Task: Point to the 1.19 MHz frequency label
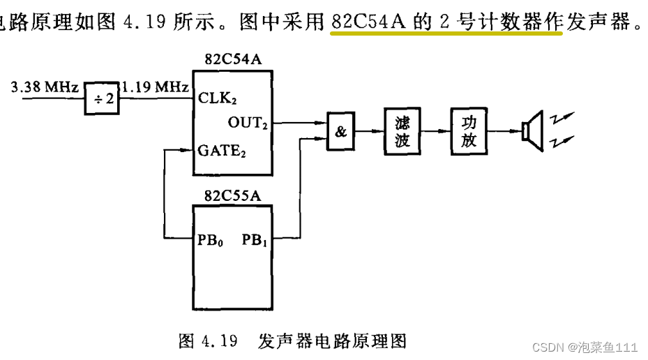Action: click(x=155, y=87)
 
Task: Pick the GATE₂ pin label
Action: click(x=221, y=149)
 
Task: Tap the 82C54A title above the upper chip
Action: click(x=233, y=59)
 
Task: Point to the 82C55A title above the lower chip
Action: click(x=233, y=195)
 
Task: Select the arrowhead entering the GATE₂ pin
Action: click(x=188, y=149)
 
